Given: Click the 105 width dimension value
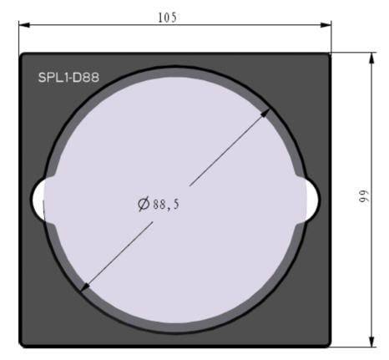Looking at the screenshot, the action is point(167,18).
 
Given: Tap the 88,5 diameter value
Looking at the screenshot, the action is point(166,205).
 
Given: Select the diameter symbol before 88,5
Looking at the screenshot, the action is point(144,204).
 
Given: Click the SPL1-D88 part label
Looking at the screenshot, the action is point(68,78).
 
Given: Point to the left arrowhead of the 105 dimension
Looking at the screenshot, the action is point(24,25).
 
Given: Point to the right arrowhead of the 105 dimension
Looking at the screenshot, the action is point(326,25).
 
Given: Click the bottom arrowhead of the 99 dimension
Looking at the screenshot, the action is point(371,342).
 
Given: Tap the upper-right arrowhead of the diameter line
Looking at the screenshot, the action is point(265,113).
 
